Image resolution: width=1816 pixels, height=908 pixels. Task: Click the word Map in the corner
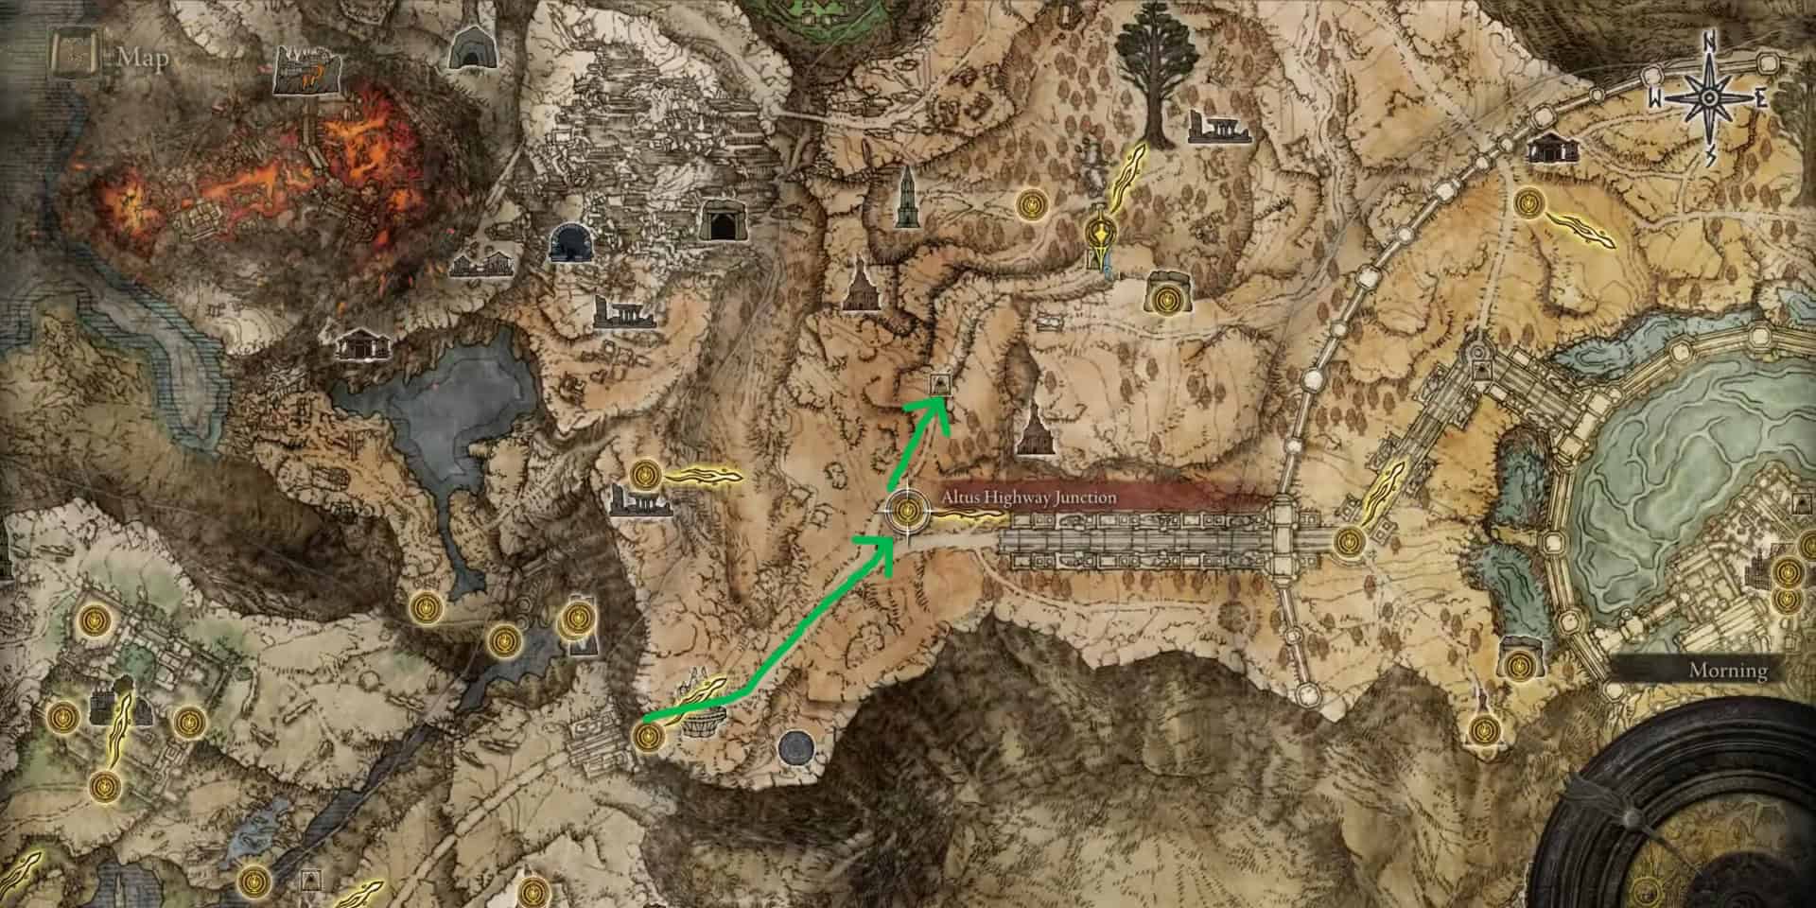click(x=143, y=58)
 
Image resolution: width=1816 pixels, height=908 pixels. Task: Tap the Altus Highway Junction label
click(x=1029, y=497)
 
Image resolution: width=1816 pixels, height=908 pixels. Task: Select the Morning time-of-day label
click(x=1728, y=670)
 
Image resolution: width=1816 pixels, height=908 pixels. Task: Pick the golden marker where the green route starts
click(x=647, y=735)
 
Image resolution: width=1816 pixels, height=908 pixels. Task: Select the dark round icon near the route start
click(x=795, y=747)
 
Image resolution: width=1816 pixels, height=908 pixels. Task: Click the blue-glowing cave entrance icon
click(x=568, y=242)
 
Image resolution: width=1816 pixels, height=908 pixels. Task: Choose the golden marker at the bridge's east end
click(x=1349, y=542)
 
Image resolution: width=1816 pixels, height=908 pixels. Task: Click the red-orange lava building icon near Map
click(x=306, y=72)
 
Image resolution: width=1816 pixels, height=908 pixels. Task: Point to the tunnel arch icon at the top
click(x=466, y=47)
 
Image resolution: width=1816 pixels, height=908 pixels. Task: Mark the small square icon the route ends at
click(x=940, y=383)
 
